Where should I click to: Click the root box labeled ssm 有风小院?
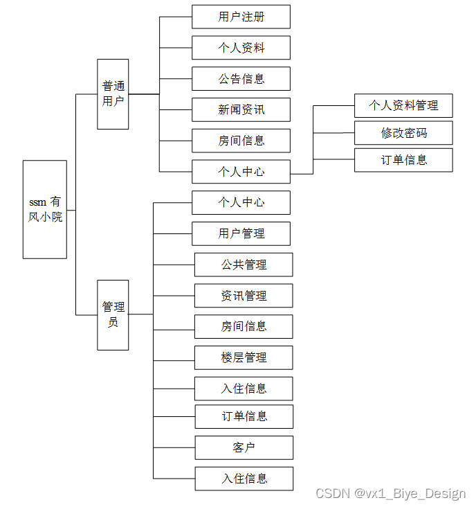pos(45,209)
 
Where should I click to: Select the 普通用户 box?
pos(113,94)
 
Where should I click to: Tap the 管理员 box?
pos(113,314)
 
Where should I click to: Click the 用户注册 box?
pos(241,17)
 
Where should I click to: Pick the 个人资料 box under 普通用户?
pos(241,48)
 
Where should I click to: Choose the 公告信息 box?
pos(241,79)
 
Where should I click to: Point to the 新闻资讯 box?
pos(241,109)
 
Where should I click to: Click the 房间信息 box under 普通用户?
pos(241,141)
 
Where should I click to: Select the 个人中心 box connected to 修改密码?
pos(241,172)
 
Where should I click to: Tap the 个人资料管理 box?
pos(403,105)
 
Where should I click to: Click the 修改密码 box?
pos(403,132)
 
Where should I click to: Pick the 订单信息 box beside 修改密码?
pos(403,160)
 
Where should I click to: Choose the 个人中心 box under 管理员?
pos(241,202)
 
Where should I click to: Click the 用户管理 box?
pos(241,233)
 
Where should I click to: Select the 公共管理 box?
pos(244,265)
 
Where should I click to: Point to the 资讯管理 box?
pos(244,296)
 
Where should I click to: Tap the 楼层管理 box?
pos(244,357)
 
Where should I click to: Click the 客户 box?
pos(244,447)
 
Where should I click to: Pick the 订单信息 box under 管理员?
pos(244,416)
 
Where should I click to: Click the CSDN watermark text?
pos(390,493)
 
